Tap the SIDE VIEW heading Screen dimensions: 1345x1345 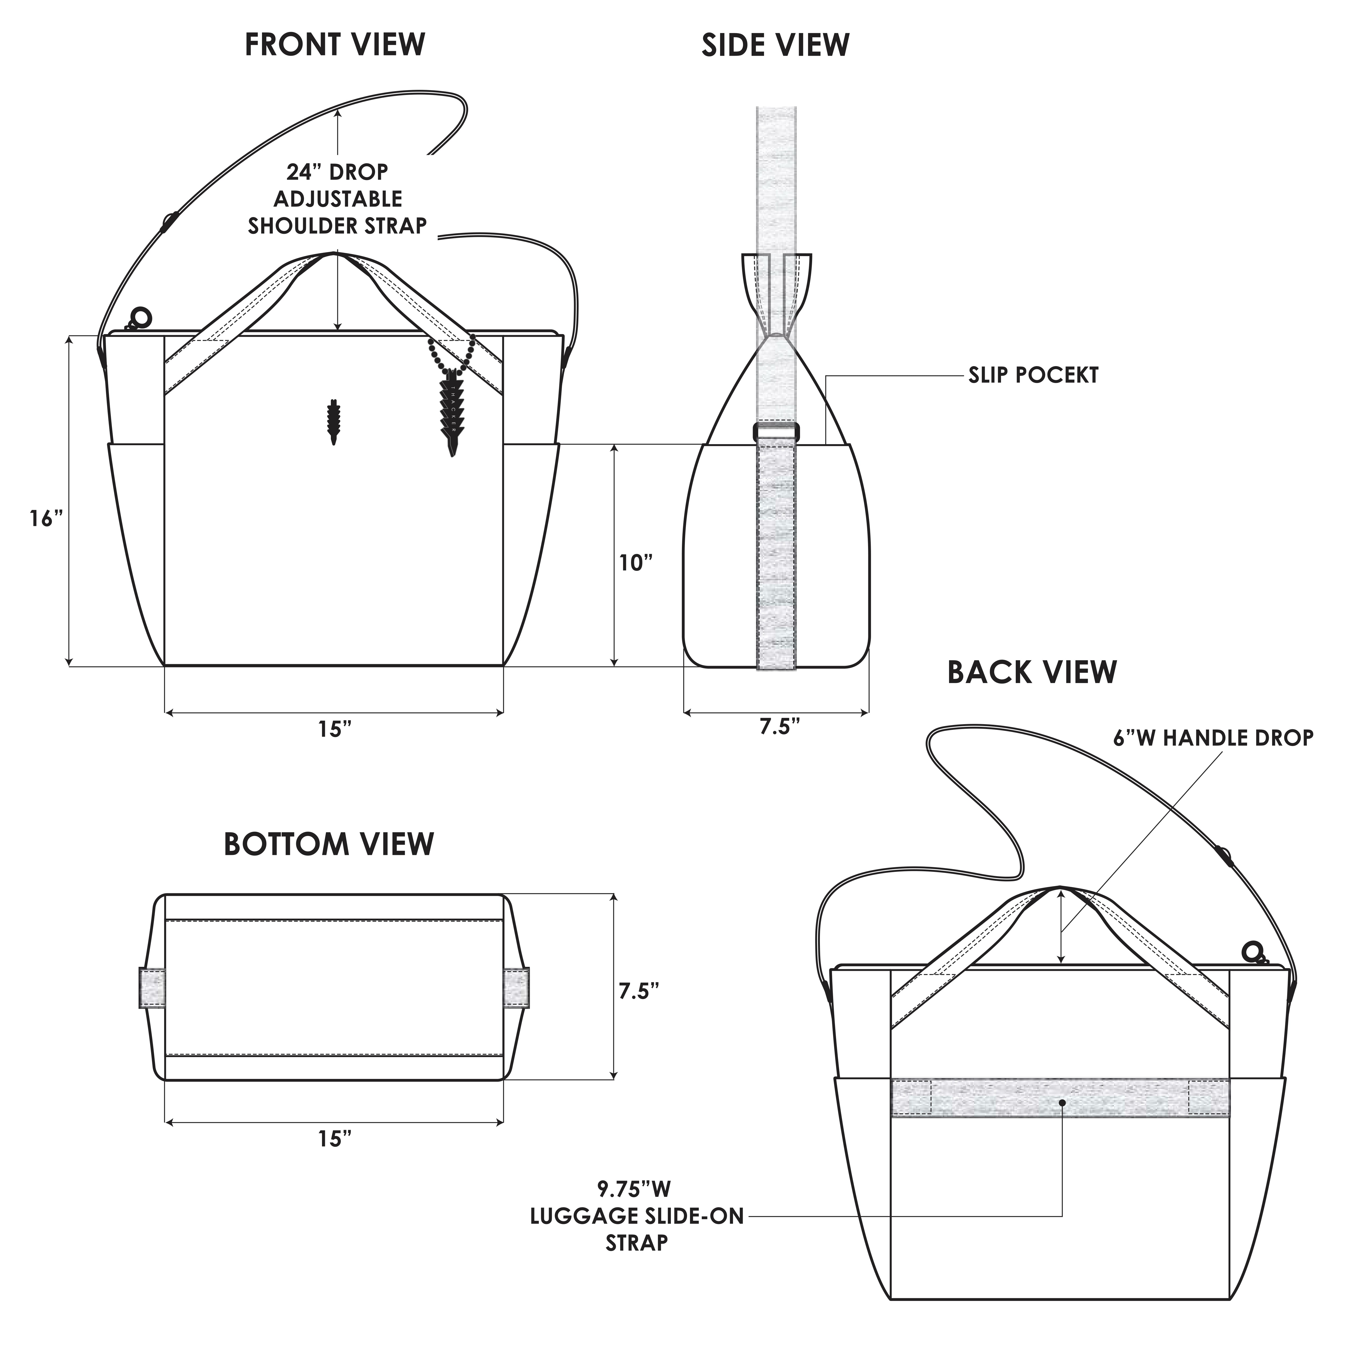[x=775, y=45]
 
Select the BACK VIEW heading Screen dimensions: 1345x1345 [x=1032, y=672]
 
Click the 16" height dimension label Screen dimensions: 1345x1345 [x=46, y=519]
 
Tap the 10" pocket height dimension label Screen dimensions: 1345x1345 [x=636, y=562]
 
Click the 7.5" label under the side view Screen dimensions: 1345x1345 [x=779, y=727]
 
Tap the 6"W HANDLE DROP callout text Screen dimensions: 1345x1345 [x=1213, y=738]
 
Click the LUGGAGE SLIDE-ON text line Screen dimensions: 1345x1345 [x=636, y=1216]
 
